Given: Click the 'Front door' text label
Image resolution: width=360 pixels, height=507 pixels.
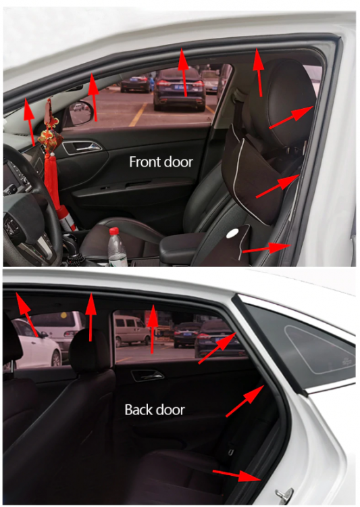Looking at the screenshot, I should (161, 162).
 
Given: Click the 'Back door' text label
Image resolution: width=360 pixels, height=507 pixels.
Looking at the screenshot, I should (155, 410).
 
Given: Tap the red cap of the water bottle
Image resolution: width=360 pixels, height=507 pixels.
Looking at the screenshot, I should (114, 232).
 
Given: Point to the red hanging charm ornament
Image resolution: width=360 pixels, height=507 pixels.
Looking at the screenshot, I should (49, 136).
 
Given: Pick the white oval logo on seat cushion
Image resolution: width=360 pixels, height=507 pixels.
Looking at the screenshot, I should (234, 233).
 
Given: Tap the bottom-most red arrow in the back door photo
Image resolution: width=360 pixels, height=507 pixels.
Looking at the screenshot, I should (236, 475).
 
